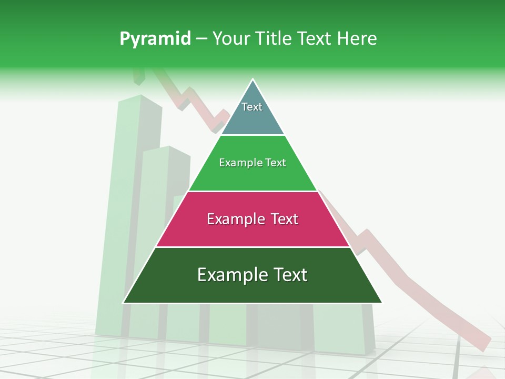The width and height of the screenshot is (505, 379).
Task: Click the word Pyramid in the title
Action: [x=155, y=39]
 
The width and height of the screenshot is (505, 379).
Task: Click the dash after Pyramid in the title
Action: [x=201, y=39]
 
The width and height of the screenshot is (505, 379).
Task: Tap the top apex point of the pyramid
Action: [x=253, y=79]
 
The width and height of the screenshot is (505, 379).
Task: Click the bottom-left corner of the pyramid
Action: [x=124, y=303]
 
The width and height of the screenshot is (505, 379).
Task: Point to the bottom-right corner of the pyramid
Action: [x=382, y=303]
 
